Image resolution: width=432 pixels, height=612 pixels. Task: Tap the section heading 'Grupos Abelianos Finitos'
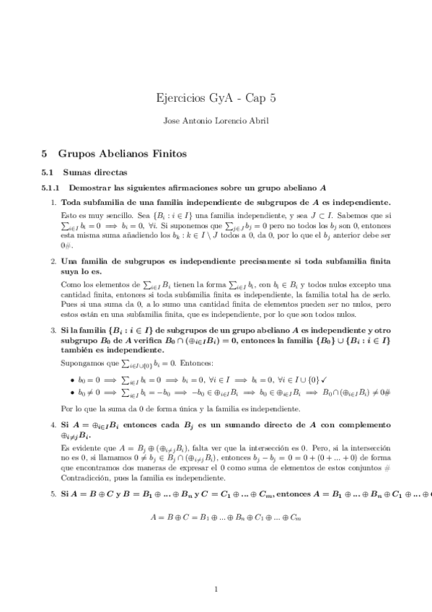pyautogui.click(x=123, y=154)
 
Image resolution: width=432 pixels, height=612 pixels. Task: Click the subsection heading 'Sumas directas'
pyautogui.click(x=94, y=172)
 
